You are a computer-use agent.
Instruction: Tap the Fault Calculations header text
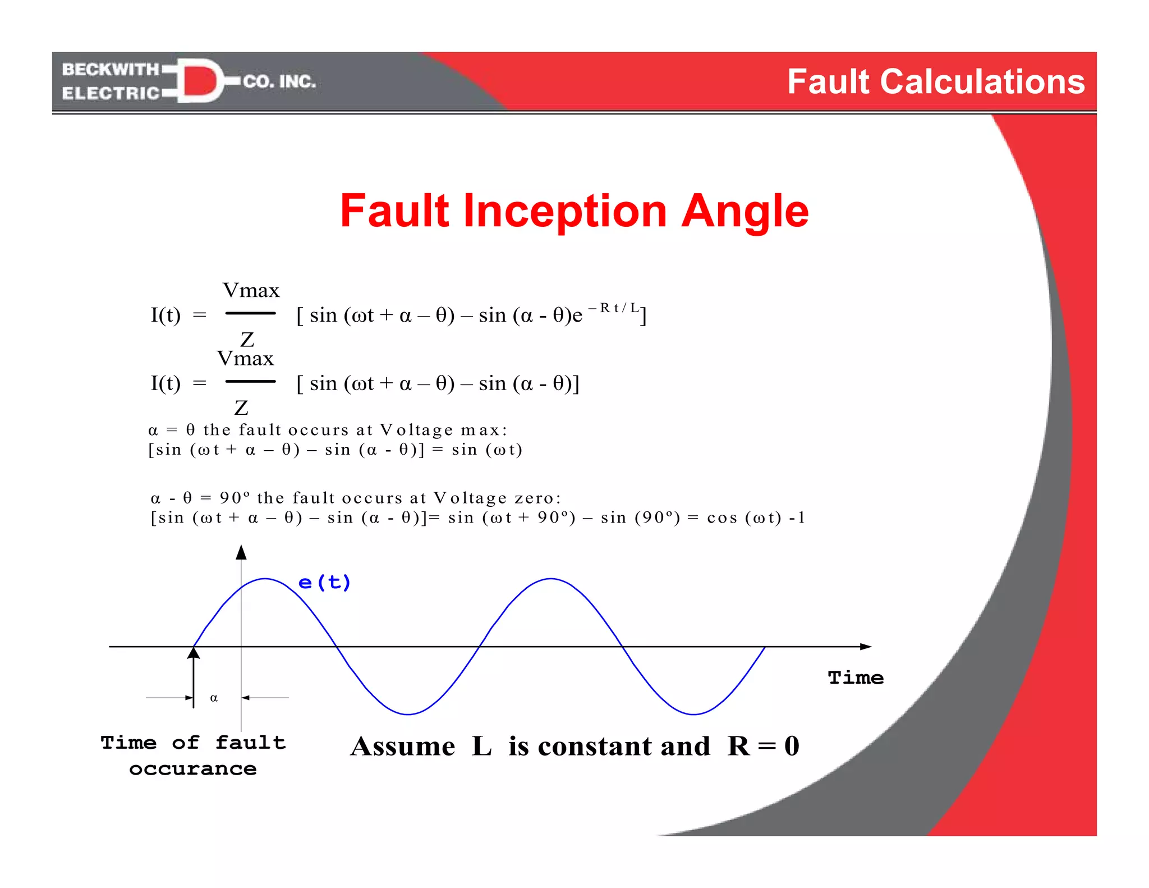935,82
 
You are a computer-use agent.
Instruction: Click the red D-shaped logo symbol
199,81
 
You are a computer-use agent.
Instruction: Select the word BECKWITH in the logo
111,69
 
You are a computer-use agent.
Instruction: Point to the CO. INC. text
279,82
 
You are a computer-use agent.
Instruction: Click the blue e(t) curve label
324,583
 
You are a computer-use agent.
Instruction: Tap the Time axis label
856,678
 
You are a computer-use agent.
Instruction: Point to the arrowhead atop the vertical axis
241,552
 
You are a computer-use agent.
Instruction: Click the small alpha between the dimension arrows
214,698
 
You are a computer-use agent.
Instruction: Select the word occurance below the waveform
192,769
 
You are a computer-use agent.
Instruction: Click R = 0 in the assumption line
763,747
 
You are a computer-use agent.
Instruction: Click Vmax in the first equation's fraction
251,291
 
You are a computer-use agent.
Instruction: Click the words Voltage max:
443,431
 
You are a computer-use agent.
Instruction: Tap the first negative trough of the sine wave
408,714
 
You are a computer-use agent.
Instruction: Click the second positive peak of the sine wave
551,579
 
